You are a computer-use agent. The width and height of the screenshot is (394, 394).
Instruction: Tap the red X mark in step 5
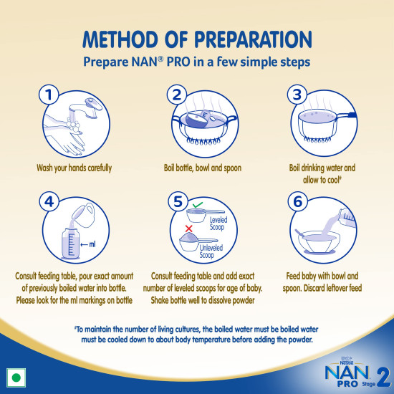click(x=188, y=227)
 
